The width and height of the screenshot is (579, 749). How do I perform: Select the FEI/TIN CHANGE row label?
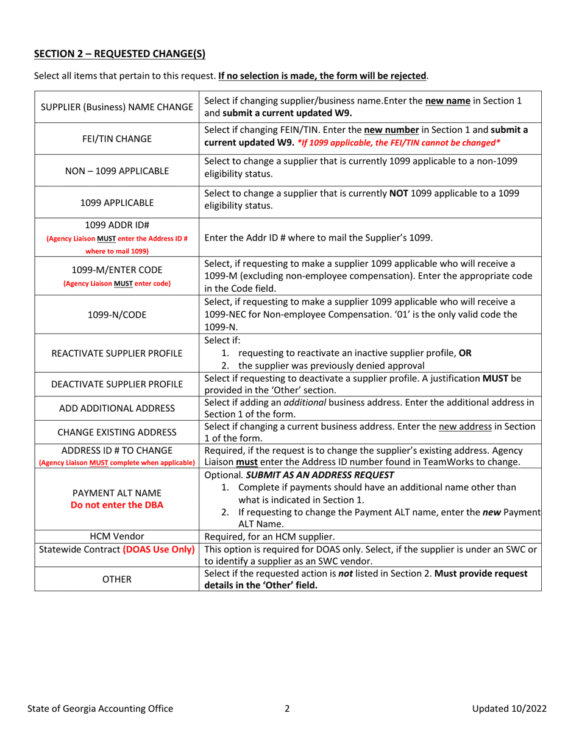pos(118,138)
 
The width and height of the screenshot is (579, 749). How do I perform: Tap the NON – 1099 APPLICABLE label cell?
pos(118,170)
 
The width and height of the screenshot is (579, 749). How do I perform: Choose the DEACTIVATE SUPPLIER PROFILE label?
pos(118,383)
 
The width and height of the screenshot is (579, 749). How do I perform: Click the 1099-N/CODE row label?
pos(118,318)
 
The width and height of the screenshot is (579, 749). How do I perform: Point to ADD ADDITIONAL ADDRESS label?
pos(118,405)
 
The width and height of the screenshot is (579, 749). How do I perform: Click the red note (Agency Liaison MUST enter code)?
pos(118,282)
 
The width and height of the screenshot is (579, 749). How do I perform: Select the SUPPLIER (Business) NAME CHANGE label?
pos(118,107)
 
